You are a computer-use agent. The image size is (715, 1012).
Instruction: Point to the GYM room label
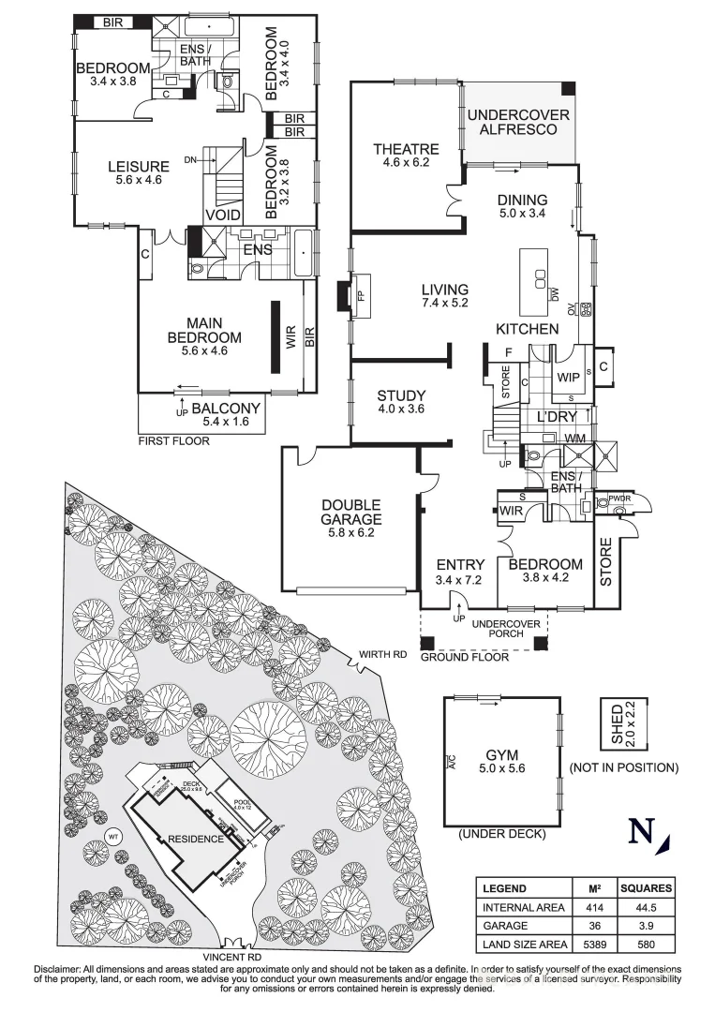[502, 754]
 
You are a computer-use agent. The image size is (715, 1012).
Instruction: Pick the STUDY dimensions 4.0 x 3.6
[401, 409]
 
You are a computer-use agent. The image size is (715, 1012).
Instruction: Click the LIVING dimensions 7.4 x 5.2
[445, 303]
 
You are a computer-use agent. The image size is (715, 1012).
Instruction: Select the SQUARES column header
[648, 888]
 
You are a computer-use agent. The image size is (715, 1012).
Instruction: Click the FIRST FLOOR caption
[174, 439]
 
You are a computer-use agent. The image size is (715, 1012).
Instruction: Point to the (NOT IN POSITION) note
[624, 767]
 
